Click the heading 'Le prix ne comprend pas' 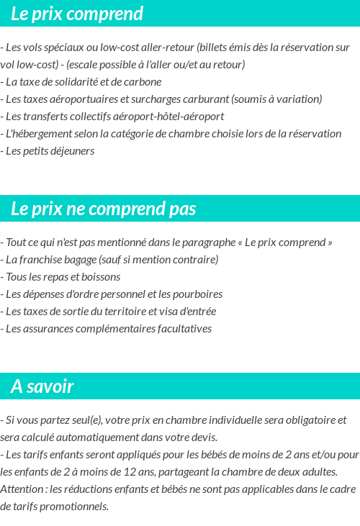coord(103,209)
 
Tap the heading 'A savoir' coord(42,386)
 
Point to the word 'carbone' coord(143,82)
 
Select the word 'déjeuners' coord(72,151)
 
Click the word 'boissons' coord(100,277)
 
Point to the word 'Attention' coord(23,489)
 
